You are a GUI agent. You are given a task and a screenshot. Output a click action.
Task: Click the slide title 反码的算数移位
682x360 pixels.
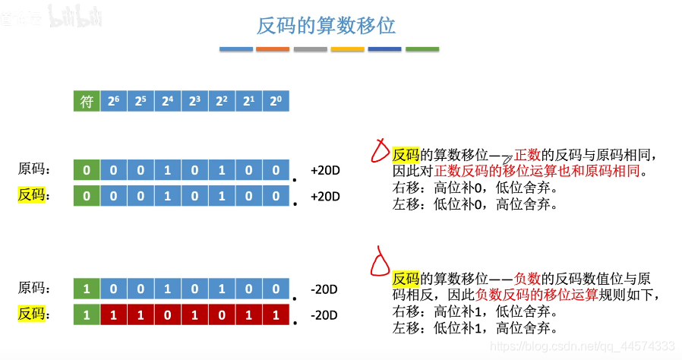coord(327,25)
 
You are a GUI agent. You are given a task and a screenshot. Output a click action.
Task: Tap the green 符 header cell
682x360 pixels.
coord(87,101)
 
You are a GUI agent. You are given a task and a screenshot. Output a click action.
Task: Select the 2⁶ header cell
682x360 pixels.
coord(113,101)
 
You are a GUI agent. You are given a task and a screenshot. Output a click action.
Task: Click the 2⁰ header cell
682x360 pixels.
coord(275,101)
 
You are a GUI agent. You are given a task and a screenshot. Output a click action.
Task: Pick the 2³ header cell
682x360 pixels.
coord(194,101)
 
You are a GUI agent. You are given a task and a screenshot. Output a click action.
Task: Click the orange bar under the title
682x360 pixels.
coord(273,49)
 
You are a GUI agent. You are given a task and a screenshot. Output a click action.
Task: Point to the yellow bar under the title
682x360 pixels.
coord(347,49)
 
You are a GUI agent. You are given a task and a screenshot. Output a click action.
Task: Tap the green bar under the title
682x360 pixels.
coord(422,49)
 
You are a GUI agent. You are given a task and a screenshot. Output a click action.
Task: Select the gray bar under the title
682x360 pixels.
coord(310,49)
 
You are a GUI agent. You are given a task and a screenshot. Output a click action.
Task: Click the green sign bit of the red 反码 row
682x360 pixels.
coord(87,314)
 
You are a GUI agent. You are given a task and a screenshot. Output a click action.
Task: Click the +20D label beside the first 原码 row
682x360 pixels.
coord(325,169)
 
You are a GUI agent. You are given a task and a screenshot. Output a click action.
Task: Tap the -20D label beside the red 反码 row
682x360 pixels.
coord(324,314)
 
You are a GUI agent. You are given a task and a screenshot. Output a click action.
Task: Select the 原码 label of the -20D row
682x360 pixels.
coord(34,289)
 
